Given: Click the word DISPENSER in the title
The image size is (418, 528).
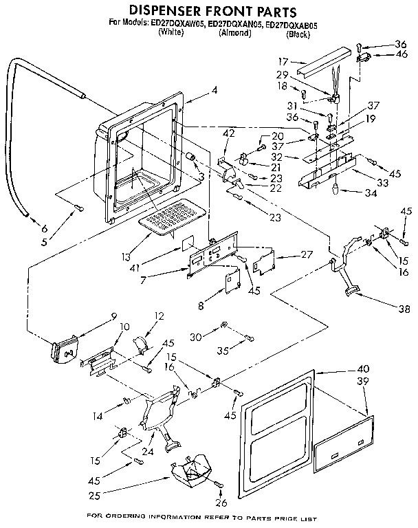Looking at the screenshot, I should click(x=170, y=12).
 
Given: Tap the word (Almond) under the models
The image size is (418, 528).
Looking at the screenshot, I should click(x=234, y=33).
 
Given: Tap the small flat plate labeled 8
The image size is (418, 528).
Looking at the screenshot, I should click(x=231, y=283).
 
